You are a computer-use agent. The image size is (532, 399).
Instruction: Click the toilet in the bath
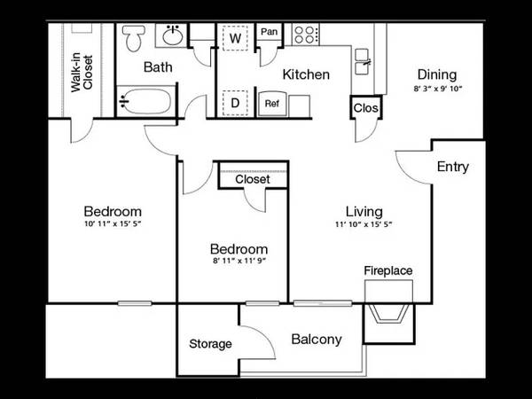pos(134,37)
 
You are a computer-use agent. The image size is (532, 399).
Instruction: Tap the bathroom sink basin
pos(174,35)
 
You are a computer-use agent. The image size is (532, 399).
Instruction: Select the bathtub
pos(145,101)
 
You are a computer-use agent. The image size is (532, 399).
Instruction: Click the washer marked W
pos(235,37)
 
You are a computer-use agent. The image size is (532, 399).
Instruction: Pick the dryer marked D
pos(235,103)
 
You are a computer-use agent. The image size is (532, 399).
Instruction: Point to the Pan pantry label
pos(269,32)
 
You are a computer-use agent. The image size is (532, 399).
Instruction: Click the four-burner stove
pos(305,35)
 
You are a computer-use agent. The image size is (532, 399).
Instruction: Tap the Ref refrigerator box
pos(272,104)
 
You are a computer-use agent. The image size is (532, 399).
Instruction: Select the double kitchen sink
pos(362,61)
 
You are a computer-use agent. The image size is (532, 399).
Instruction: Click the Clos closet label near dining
pos(365,108)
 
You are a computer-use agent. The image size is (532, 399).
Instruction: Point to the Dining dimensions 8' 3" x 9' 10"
pos(438,89)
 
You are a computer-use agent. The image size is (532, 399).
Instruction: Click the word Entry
pos(453,167)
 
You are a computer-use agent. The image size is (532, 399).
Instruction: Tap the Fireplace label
pos(388,270)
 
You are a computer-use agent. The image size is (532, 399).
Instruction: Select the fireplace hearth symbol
pos(388,313)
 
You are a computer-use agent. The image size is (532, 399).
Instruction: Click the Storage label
pos(210,344)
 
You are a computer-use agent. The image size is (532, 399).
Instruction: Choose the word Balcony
pos(317,340)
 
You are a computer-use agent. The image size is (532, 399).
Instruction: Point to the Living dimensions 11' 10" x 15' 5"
pos(364,224)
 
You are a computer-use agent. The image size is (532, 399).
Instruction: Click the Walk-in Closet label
pos(82,73)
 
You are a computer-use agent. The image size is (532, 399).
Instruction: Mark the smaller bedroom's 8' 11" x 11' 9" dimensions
pos(239,261)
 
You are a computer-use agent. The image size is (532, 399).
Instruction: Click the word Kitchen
pos(306,74)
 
